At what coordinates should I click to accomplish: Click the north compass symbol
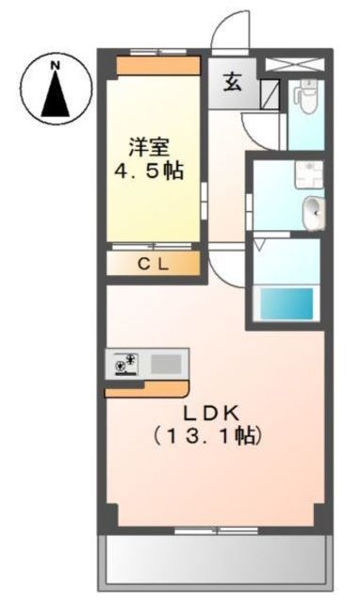[55, 90]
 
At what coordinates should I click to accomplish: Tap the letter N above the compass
[55, 65]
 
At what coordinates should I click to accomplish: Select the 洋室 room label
[150, 147]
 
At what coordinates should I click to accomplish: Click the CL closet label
[154, 264]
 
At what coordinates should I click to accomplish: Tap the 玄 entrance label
[232, 82]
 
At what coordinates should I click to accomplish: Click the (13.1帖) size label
[206, 436]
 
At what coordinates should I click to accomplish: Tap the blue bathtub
[286, 304]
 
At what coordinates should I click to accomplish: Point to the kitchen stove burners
[124, 364]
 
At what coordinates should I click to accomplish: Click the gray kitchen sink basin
[167, 363]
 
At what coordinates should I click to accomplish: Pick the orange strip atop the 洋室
[157, 66]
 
